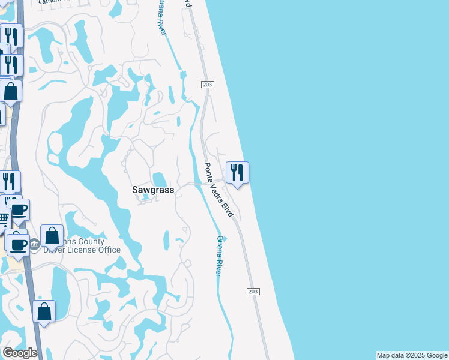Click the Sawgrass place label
153,190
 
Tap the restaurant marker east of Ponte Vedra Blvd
237,173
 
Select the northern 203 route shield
207,85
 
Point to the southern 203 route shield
253,292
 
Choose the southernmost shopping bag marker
44,311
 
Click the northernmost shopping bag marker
11,91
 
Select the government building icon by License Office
34,244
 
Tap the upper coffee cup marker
19,210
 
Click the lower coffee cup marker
19,244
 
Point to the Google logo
20,352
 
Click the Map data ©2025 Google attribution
412,355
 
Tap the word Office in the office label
109,250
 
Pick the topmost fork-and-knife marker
11,37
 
